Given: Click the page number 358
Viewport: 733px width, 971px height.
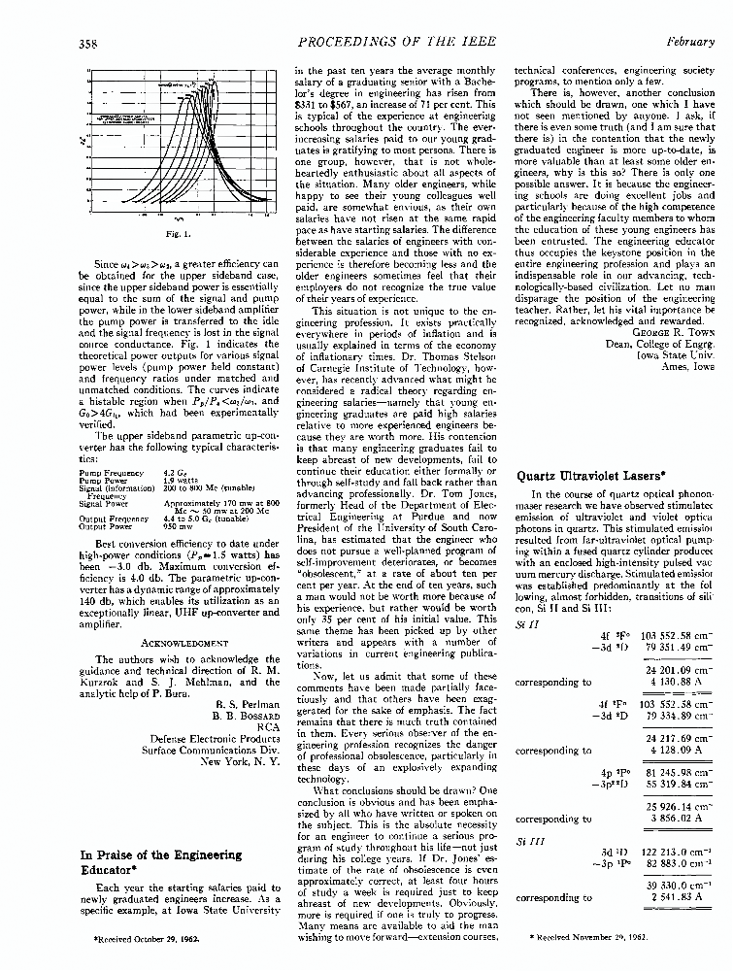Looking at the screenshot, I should tap(89, 43).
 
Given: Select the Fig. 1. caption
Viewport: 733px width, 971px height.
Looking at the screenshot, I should tap(177, 234).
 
